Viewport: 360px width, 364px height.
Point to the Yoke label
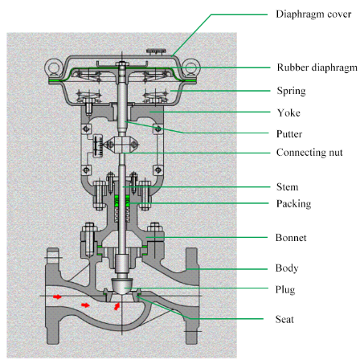(286, 113)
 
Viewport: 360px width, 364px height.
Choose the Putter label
(288, 131)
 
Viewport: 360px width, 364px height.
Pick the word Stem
(287, 187)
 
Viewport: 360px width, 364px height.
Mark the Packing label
(292, 204)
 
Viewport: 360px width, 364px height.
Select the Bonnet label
(291, 239)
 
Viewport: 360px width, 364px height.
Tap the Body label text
(287, 268)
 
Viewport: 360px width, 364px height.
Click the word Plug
(286, 287)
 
